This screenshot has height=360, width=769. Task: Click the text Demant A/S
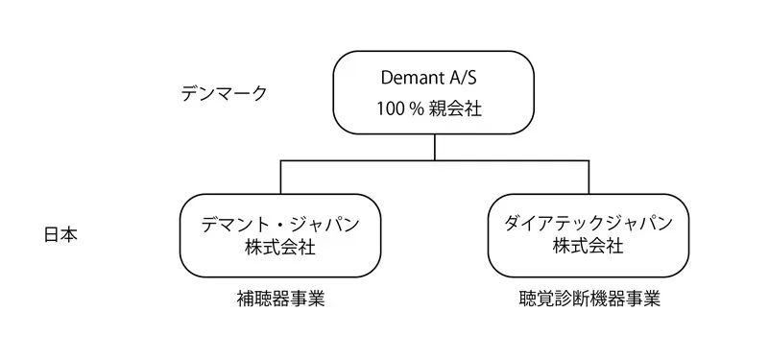coord(435,77)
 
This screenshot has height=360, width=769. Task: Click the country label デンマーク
coord(224,93)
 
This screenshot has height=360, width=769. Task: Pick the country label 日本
coord(60,235)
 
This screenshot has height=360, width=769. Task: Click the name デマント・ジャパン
coord(280,224)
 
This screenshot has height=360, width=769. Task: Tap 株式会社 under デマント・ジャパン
coord(280,247)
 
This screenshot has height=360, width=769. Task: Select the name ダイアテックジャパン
coord(589,224)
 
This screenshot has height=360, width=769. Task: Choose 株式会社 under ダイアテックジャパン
coord(589,247)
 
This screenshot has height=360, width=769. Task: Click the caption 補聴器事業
coord(280,299)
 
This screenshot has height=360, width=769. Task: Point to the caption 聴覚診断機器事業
coord(589,299)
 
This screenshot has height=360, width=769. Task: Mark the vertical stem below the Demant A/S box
coord(435,148)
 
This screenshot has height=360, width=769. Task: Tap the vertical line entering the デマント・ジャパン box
coord(280,178)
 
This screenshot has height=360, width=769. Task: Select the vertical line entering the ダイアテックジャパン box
coord(589,178)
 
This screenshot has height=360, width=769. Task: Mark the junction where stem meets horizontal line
coord(435,161)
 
